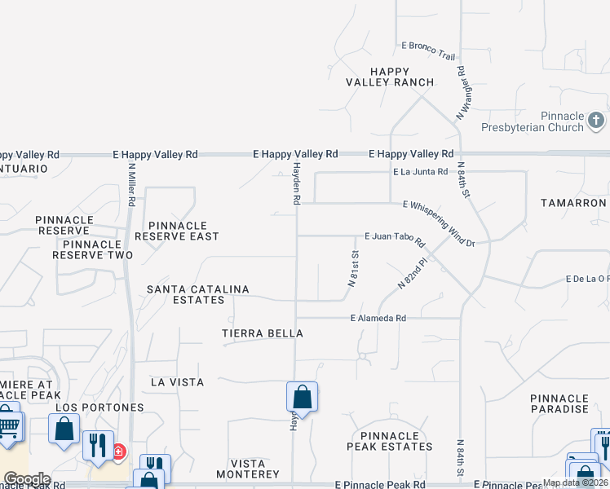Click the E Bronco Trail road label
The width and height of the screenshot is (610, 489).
(428, 50)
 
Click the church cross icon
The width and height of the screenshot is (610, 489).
(596, 121)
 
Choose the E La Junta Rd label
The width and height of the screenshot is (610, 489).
(421, 172)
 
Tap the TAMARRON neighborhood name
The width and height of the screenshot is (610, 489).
(573, 202)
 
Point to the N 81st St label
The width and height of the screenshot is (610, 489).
(354, 269)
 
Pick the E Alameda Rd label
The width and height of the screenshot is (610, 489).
(378, 319)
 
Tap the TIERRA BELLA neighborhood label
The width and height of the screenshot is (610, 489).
(263, 333)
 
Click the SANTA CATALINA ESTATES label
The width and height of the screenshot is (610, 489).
(197, 294)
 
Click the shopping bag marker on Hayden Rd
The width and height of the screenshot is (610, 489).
(302, 398)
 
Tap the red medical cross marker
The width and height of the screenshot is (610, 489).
(119, 451)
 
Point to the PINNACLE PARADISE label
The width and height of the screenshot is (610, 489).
(559, 403)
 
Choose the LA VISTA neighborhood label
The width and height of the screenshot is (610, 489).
(178, 381)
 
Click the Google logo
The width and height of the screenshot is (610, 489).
(27, 478)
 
